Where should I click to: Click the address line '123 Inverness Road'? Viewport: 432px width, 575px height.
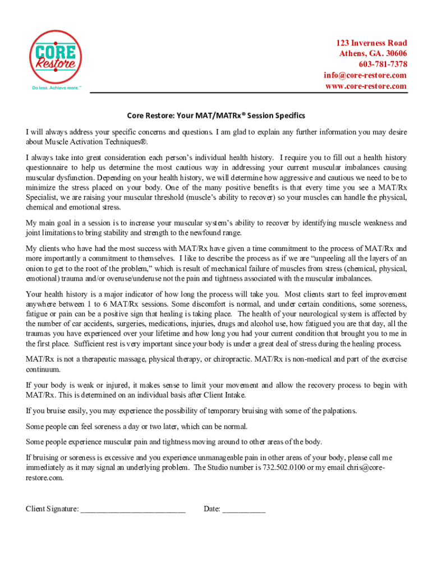point(371,43)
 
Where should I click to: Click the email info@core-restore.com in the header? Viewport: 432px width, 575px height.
point(365,75)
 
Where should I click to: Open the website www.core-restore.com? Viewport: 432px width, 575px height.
point(365,86)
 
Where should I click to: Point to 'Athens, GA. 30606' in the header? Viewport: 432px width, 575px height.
point(373,54)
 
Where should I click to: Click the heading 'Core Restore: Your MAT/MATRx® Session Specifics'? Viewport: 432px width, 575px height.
point(215,116)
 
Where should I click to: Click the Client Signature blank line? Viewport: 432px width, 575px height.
point(133,509)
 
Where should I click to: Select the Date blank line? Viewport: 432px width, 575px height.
point(243,509)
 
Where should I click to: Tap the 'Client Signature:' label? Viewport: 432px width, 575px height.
point(52,509)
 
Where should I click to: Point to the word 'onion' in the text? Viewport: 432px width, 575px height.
point(36,268)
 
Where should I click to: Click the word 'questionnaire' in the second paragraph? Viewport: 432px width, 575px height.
point(50,168)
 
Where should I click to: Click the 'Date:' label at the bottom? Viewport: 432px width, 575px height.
point(212,509)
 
